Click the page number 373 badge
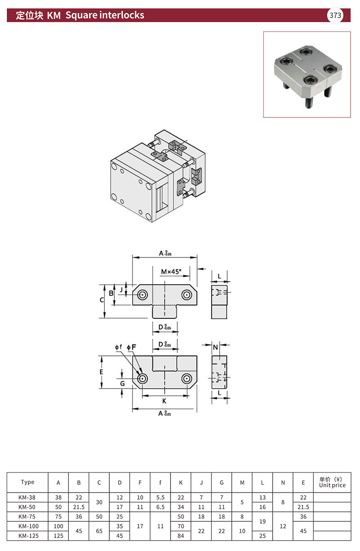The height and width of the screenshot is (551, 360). [x=335, y=15]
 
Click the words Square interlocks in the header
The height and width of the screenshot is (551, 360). [x=105, y=15]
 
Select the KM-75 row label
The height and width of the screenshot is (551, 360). [x=27, y=516]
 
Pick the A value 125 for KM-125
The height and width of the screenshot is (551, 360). [x=58, y=536]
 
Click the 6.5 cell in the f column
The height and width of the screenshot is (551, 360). [x=160, y=507]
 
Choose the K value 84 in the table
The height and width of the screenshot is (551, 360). [x=180, y=536]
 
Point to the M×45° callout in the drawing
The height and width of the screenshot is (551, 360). [x=171, y=272]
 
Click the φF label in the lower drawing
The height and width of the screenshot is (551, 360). [x=131, y=347]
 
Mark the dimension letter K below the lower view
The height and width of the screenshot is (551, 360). [x=164, y=401]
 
